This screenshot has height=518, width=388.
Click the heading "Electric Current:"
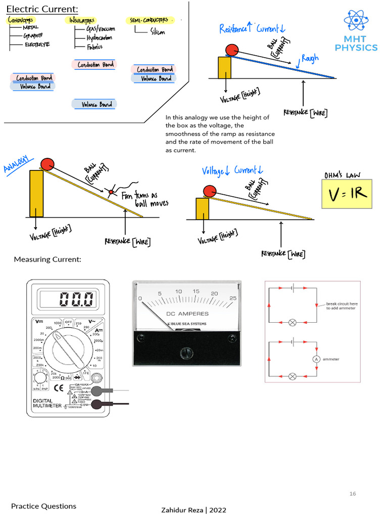coord(42,9)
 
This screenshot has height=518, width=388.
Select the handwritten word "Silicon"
coord(157,32)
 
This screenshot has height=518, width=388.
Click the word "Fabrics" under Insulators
coord(94,47)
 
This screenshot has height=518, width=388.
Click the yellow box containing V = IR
coord(347,194)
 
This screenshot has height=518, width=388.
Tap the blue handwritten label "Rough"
coord(310,59)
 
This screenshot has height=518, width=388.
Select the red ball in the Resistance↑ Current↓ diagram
coord(232,50)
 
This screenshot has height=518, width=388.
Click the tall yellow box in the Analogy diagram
coord(36,193)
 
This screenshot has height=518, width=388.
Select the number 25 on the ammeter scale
coord(232,298)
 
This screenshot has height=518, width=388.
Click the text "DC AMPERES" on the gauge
coord(187,314)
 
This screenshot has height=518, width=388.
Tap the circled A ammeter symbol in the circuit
coord(316,359)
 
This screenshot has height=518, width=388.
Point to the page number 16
coord(353,494)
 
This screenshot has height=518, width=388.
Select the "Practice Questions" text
coord(44,506)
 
